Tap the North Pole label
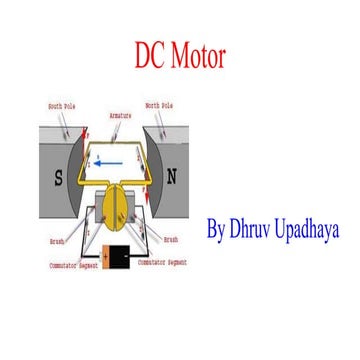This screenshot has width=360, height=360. click(x=160, y=105)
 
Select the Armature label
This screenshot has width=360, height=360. click(x=121, y=116)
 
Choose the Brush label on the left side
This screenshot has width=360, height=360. click(x=58, y=241)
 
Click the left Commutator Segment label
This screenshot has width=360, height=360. click(x=70, y=266)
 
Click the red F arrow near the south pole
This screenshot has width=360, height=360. click(x=87, y=135)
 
